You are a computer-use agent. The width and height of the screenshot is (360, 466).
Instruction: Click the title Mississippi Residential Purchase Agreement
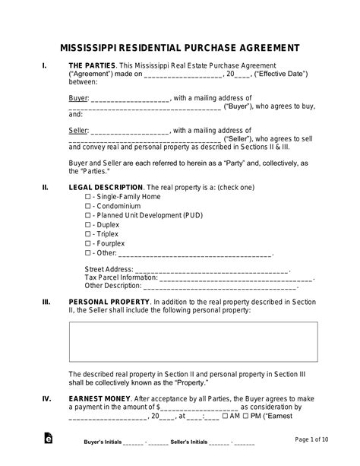point(180,46)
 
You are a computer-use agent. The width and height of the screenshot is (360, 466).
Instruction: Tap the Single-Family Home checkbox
point(88,196)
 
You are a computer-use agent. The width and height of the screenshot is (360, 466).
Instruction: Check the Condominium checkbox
point(88,205)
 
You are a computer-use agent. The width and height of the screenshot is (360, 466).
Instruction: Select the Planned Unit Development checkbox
point(88,215)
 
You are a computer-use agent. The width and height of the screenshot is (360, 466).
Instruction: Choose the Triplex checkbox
point(88,234)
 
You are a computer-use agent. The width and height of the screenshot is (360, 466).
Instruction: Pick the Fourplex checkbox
point(88,243)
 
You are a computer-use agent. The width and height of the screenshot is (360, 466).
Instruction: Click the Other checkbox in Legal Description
point(88,253)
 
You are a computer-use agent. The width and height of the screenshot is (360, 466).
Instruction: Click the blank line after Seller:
point(130,132)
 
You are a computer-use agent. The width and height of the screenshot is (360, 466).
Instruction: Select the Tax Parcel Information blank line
point(225,278)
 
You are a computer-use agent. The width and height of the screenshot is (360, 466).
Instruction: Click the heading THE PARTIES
point(90,67)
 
